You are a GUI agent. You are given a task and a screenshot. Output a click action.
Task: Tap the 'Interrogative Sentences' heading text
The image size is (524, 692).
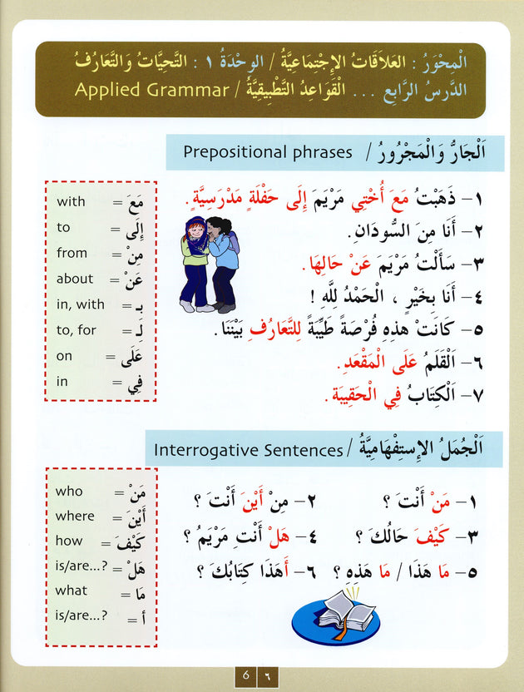246,450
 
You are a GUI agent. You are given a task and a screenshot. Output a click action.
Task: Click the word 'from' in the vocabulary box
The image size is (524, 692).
72,253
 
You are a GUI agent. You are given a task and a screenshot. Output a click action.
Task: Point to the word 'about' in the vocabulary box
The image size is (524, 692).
75,279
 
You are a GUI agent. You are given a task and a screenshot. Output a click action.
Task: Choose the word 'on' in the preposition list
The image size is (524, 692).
65,356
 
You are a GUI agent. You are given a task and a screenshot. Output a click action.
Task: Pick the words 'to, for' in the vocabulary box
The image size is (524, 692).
77,330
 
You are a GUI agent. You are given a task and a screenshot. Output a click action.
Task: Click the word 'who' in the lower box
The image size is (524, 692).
69,491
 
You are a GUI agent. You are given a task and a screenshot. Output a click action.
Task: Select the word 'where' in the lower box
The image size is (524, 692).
75,516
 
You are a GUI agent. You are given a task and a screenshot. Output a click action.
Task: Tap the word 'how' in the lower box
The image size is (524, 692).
69,541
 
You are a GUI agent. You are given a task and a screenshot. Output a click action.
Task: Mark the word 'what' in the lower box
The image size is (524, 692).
71,590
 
